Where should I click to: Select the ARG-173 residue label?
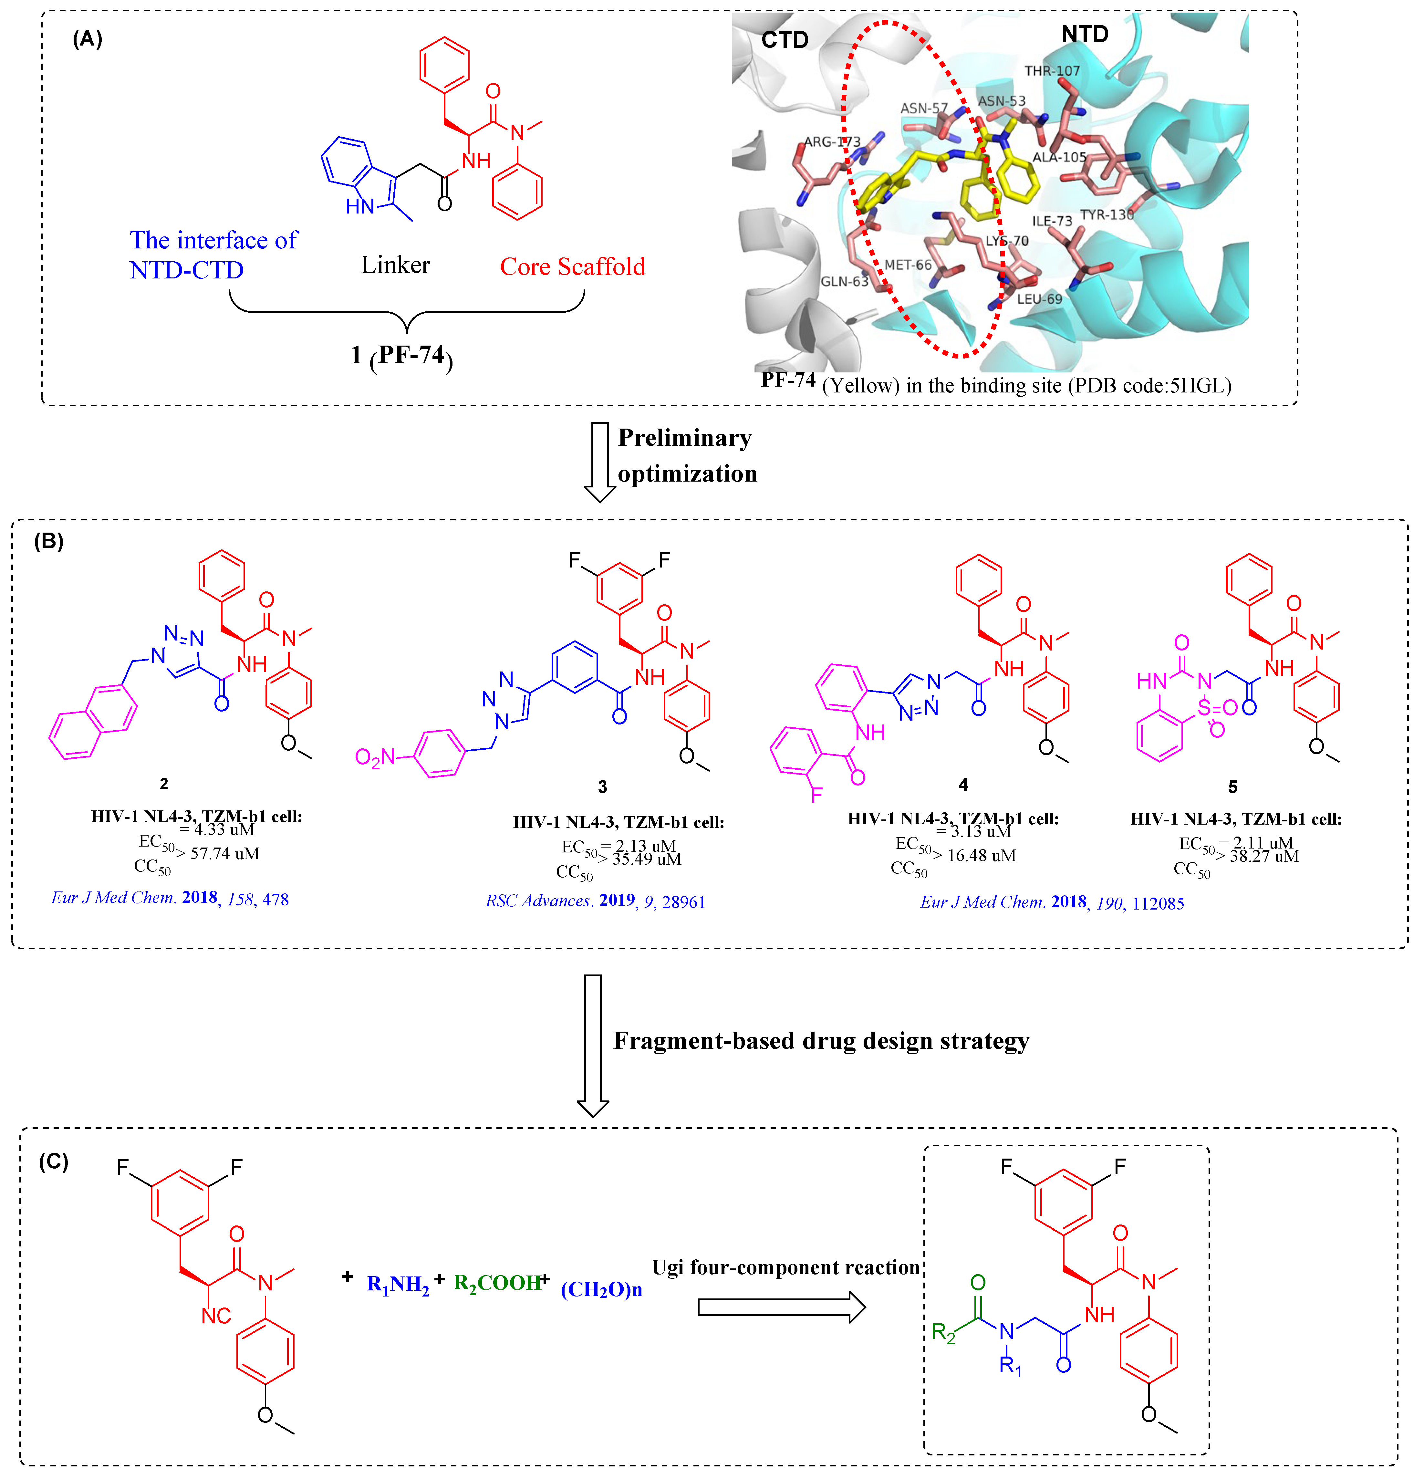click(x=832, y=142)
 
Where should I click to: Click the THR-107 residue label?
click(x=1052, y=71)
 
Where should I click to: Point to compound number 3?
click(x=602, y=787)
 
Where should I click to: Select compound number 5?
click(x=1232, y=787)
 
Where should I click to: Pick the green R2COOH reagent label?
click(x=496, y=1283)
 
